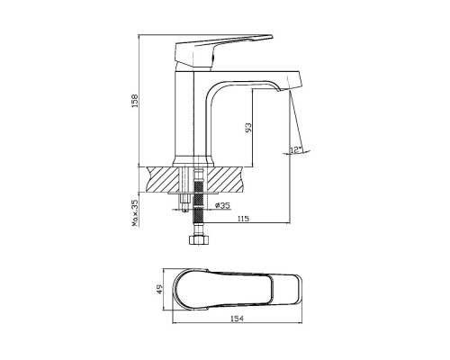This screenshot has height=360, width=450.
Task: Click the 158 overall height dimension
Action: (x=135, y=101)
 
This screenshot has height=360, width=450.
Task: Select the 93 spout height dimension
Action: (x=248, y=128)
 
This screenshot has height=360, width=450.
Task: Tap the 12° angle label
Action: (x=296, y=149)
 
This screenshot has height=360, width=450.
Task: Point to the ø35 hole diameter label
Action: (x=222, y=205)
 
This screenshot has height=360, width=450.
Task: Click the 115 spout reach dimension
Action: (x=243, y=219)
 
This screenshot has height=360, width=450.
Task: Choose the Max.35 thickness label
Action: (x=135, y=212)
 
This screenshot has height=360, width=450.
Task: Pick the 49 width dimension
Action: (x=159, y=289)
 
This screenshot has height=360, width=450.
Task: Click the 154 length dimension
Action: (x=237, y=319)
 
